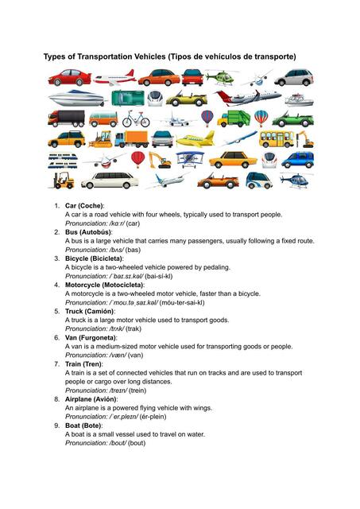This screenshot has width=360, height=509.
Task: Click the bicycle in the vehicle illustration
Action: point(136,119)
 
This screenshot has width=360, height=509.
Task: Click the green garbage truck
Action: point(233,119)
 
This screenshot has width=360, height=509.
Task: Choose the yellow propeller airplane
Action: point(195,139)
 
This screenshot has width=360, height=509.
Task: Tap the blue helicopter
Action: point(296,179)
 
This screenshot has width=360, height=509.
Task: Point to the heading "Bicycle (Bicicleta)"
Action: point(94,258)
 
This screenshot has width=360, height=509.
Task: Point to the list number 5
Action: point(56,311)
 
